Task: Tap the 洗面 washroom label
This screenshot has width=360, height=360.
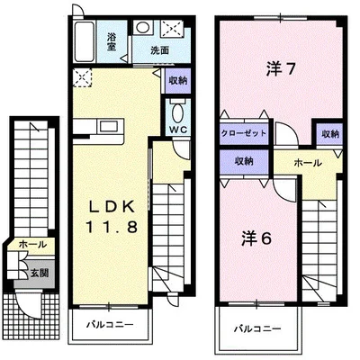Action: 160,50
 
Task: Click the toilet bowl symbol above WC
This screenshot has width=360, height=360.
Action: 176,114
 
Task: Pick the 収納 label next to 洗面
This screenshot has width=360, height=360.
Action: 177,81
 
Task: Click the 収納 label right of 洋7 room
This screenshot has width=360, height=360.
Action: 329,134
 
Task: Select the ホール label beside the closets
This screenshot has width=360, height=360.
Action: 307,163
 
